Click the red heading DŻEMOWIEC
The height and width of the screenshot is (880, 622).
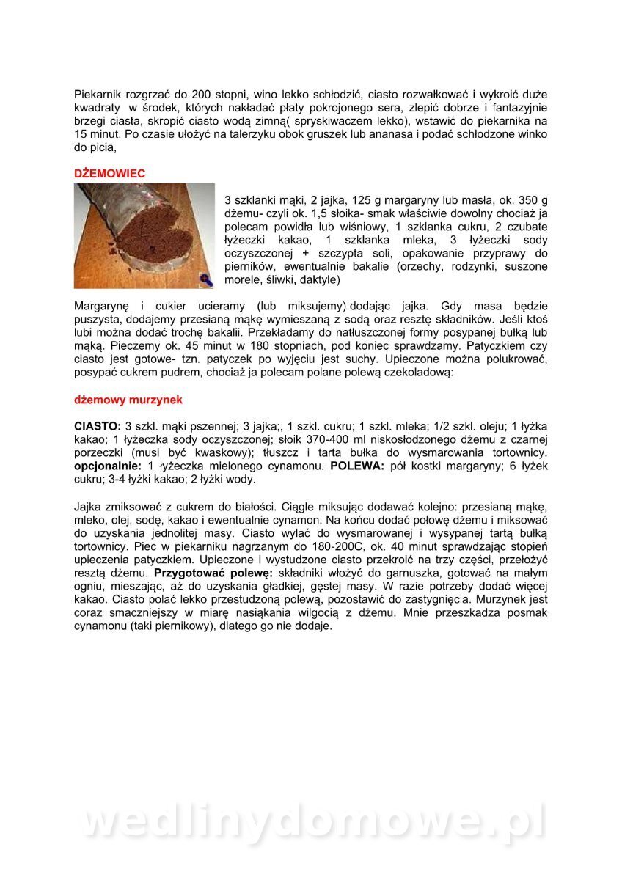110,174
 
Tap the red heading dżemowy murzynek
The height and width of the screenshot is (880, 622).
128,400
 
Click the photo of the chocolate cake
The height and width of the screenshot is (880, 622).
144,235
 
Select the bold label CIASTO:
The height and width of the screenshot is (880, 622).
98,427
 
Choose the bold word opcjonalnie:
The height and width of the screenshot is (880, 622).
109,466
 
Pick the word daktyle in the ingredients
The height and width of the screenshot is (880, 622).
317,280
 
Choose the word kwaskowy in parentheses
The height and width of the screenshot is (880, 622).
222,453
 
